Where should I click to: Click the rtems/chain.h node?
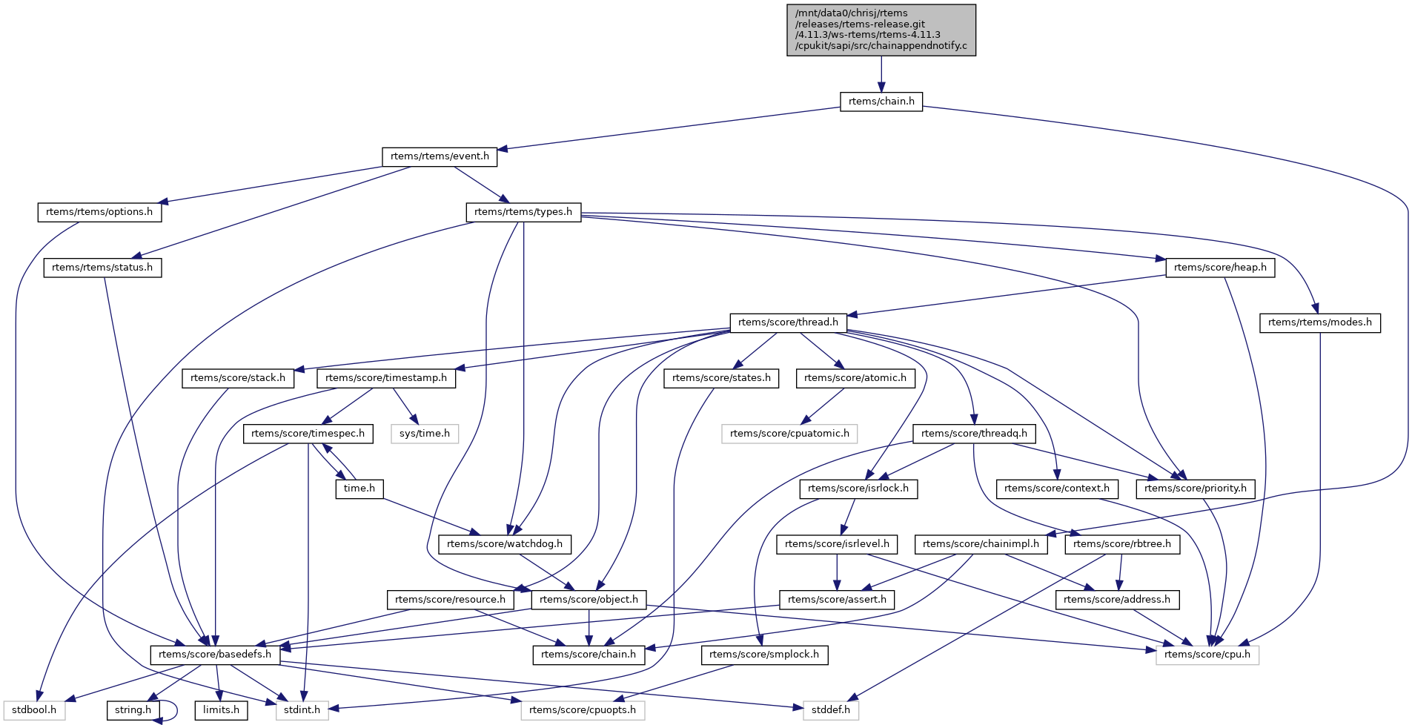tap(881, 102)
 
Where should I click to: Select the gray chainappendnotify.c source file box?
tap(881, 30)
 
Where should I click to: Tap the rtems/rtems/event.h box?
tap(440, 156)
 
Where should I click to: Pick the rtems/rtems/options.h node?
tap(99, 212)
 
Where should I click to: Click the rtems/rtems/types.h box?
tap(523, 212)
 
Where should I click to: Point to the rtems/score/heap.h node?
tap(1220, 268)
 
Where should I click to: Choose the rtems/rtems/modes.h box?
tap(1319, 322)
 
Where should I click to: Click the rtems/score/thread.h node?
tap(788, 322)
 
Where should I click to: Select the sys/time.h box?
tap(425, 433)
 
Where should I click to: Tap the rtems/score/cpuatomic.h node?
tap(789, 433)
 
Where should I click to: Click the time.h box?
tap(359, 489)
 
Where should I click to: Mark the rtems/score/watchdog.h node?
tap(505, 544)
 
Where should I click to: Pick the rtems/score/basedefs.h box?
tap(215, 655)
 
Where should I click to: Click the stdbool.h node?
tap(34, 710)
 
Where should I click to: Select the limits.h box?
tap(221, 710)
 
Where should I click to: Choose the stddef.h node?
tap(830, 710)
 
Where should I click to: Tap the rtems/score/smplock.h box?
tap(764, 655)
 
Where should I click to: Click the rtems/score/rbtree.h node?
tap(1122, 544)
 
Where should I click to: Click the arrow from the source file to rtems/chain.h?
tap(881, 74)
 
